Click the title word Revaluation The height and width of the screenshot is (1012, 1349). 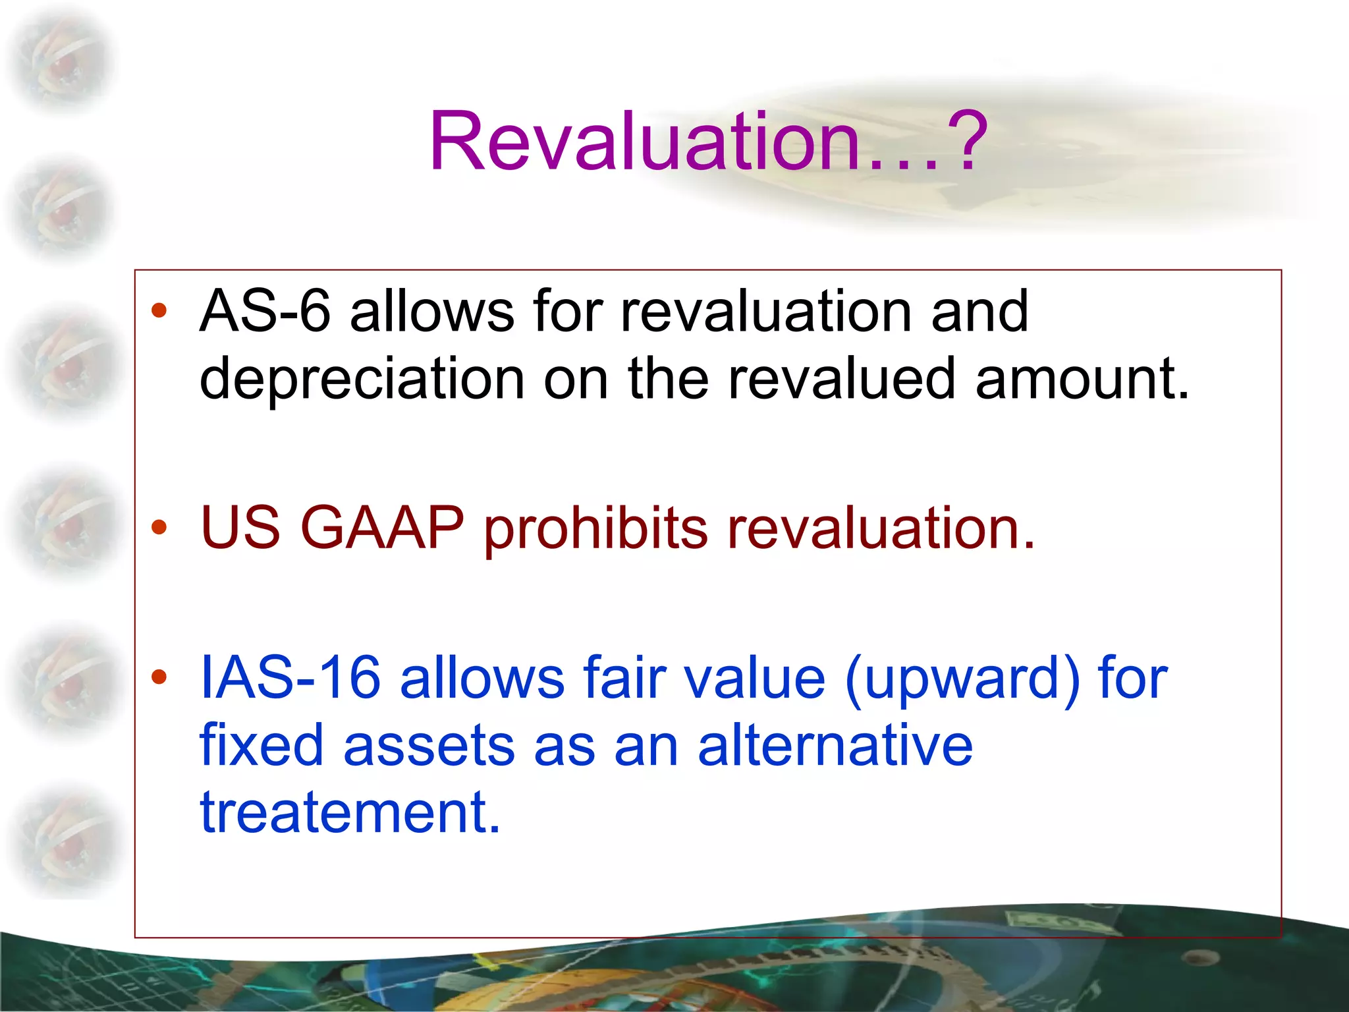(646, 142)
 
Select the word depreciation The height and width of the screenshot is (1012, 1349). (362, 379)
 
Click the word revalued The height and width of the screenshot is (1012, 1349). (841, 379)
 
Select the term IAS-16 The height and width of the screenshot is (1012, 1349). (290, 678)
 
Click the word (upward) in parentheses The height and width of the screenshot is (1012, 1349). (962, 679)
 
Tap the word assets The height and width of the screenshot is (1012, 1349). (428, 746)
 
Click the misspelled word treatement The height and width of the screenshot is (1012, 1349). (350, 812)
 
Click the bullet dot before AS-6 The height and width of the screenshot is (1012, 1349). (159, 311)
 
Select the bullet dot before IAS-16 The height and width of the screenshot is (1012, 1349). (159, 678)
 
